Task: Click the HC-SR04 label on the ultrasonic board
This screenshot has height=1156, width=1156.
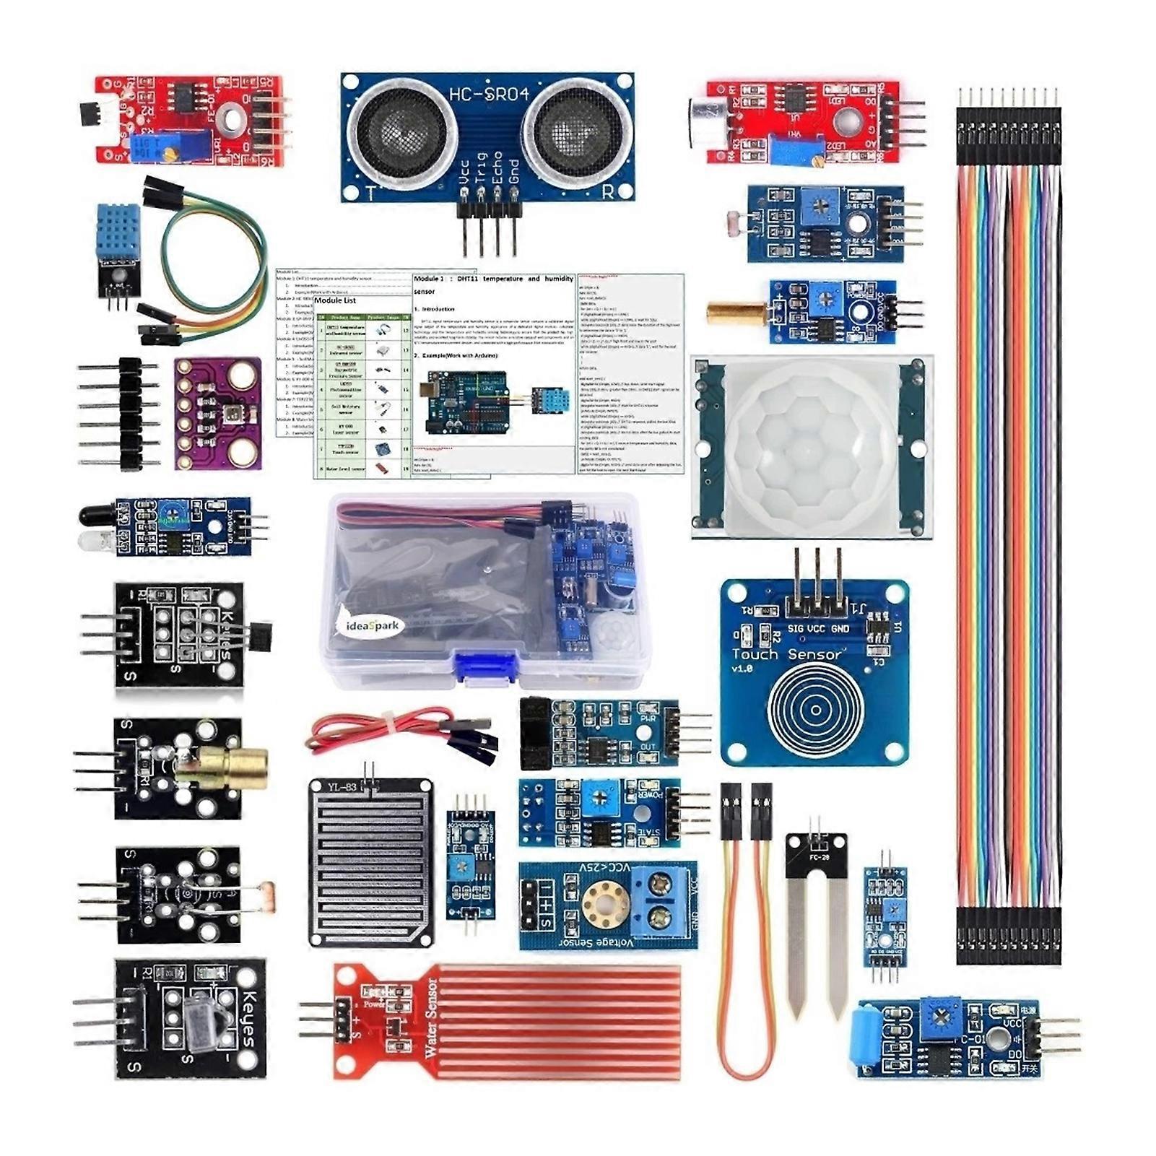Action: click(x=489, y=94)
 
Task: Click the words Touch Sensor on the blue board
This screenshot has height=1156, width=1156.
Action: click(x=786, y=655)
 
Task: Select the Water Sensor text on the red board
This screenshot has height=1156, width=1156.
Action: click(x=432, y=1018)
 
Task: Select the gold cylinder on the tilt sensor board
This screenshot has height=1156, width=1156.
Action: click(x=736, y=310)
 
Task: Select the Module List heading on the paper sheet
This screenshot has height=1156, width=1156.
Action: click(x=336, y=300)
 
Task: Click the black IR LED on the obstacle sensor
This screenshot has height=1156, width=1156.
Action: click(x=99, y=514)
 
